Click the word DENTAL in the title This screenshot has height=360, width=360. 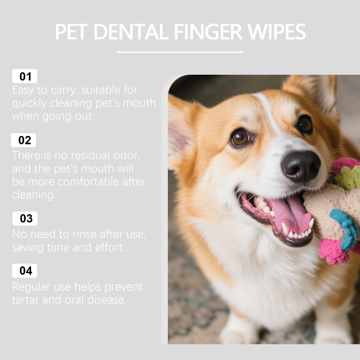[131, 31]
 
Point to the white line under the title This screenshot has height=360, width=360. [180, 52]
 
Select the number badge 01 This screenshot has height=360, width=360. [25, 76]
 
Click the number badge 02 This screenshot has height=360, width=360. [24, 140]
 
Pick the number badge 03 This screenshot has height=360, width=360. [25, 218]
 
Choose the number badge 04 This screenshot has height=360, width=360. [25, 271]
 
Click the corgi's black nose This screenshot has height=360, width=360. [301, 166]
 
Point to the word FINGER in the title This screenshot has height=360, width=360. [208, 31]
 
